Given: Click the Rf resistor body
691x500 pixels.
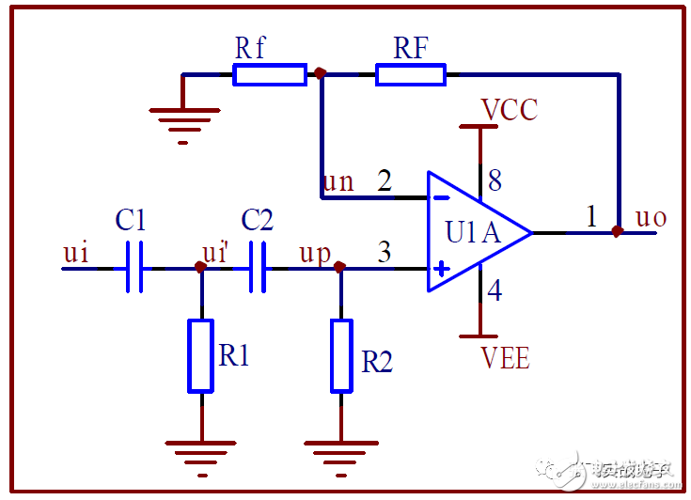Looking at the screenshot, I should (270, 75).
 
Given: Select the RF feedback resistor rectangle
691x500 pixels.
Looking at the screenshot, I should (411, 75).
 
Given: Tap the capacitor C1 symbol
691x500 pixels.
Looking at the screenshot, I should (133, 268).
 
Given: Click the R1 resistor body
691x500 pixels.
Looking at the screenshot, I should (200, 355).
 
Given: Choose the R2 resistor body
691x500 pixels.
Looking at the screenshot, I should (341, 355).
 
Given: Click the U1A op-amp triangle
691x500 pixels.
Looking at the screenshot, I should (475, 232).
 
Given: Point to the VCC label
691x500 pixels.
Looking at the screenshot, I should (509, 110).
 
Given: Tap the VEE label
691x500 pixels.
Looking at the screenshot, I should (505, 358).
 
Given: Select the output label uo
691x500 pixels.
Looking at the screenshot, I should (651, 218).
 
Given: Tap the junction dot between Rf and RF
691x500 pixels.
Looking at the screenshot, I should (321, 72).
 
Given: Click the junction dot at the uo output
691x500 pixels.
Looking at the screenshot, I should (618, 231).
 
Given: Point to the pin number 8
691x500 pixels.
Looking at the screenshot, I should (495, 180).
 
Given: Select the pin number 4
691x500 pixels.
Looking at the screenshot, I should (495, 290).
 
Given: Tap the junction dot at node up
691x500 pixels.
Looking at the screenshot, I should (340, 268).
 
